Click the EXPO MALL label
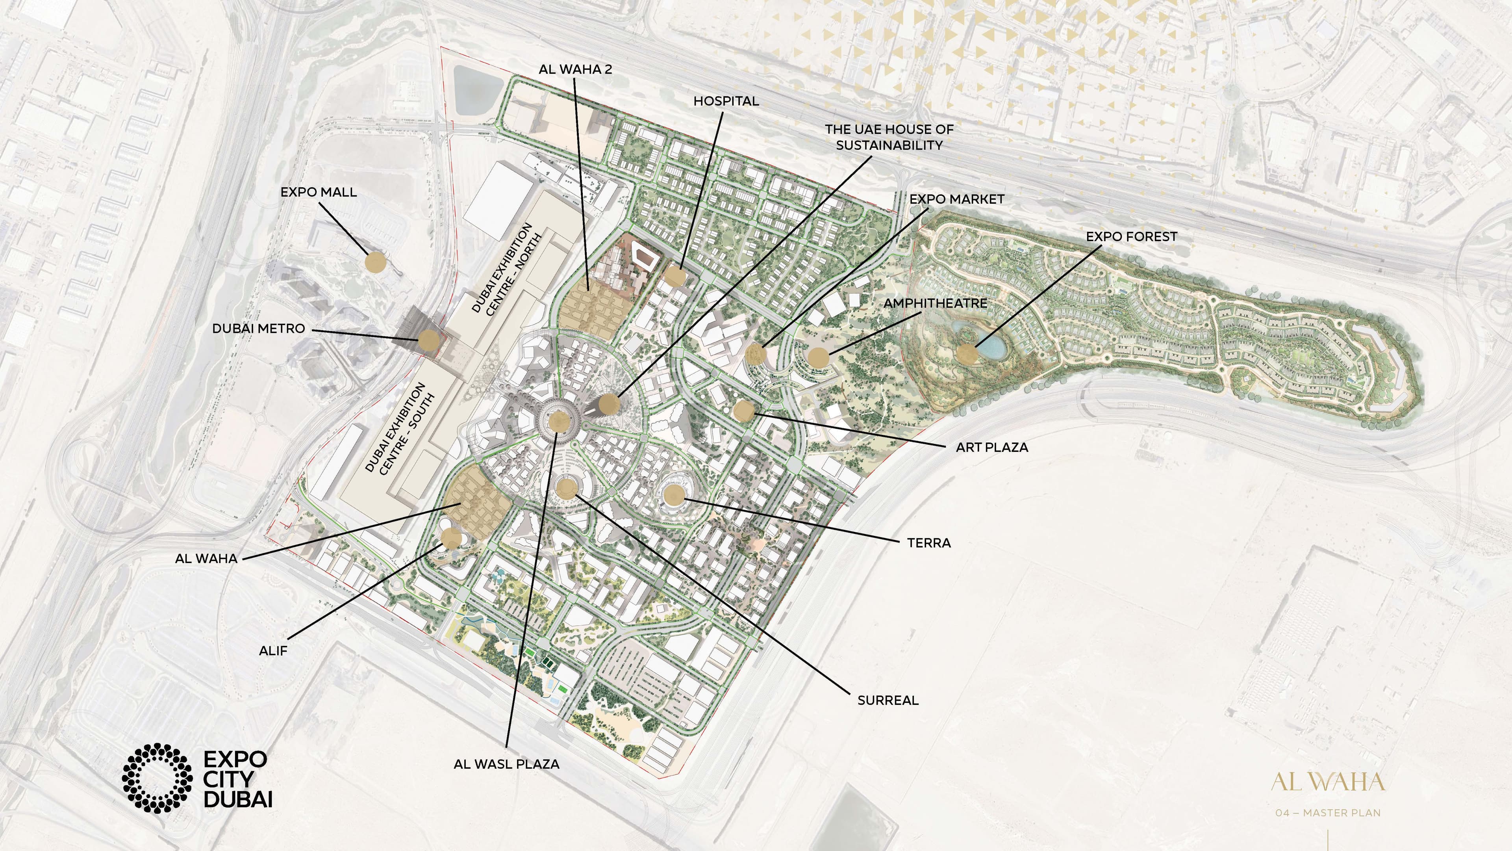(318, 192)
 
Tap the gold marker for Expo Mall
(376, 262)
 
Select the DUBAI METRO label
(258, 328)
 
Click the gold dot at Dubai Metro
(428, 340)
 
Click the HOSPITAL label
(726, 101)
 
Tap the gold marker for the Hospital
(675, 276)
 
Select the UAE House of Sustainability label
(889, 137)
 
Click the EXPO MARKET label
(957, 199)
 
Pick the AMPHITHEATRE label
(935, 303)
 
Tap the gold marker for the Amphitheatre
(818, 357)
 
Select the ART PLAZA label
(992, 447)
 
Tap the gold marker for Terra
(674, 494)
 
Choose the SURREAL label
(888, 700)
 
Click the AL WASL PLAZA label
(506, 764)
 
